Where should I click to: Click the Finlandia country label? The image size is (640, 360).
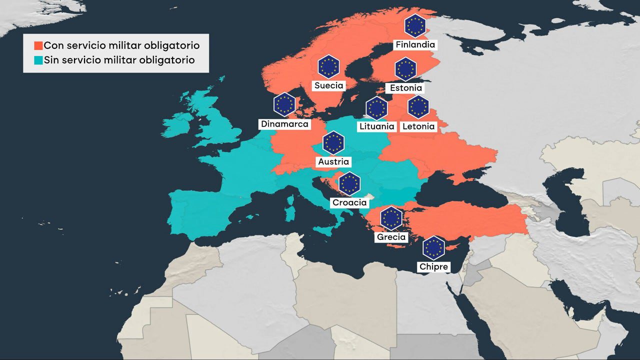[x=415, y=44]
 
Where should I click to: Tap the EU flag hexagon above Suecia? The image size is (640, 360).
[x=329, y=66]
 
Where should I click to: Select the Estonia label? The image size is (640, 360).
[x=405, y=88]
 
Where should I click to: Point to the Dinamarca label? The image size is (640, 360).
[x=285, y=124]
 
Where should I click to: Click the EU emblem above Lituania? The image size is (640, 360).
[x=377, y=108]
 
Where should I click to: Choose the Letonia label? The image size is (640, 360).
[x=418, y=126]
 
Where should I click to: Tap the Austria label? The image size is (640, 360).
[x=334, y=162]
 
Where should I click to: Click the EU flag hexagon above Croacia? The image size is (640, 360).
[x=349, y=183]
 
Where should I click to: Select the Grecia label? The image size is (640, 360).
[x=391, y=237]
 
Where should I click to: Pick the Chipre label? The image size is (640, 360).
[x=433, y=267]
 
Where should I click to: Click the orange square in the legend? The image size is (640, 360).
[x=38, y=46]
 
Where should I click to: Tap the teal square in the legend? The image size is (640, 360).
[x=38, y=60]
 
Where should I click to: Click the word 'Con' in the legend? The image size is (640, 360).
[x=53, y=45]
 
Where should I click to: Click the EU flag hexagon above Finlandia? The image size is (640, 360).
[x=415, y=26]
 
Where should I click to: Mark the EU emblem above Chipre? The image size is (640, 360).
[x=433, y=248]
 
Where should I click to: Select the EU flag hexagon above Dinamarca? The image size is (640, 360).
[x=284, y=104]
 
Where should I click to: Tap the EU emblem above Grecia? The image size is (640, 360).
[x=391, y=218]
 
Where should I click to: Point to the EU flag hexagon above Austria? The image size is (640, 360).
[x=333, y=143]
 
